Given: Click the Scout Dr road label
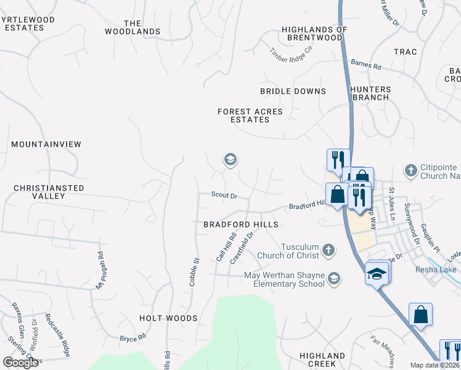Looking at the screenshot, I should [224, 194].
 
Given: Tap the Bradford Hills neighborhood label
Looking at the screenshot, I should [241, 224].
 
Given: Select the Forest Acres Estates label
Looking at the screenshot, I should [250, 115].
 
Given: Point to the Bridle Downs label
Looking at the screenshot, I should [293, 91].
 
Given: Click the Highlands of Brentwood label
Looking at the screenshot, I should [314, 33].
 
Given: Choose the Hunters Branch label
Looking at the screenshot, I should [370, 93].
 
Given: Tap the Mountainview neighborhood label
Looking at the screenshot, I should [46, 144].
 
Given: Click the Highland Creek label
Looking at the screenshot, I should [322, 360].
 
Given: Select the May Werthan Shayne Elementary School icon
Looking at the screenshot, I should [333, 279].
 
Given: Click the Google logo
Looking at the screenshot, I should [21, 363].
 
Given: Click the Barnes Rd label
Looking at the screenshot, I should [366, 64].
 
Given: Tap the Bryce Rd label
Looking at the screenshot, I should [133, 339].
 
